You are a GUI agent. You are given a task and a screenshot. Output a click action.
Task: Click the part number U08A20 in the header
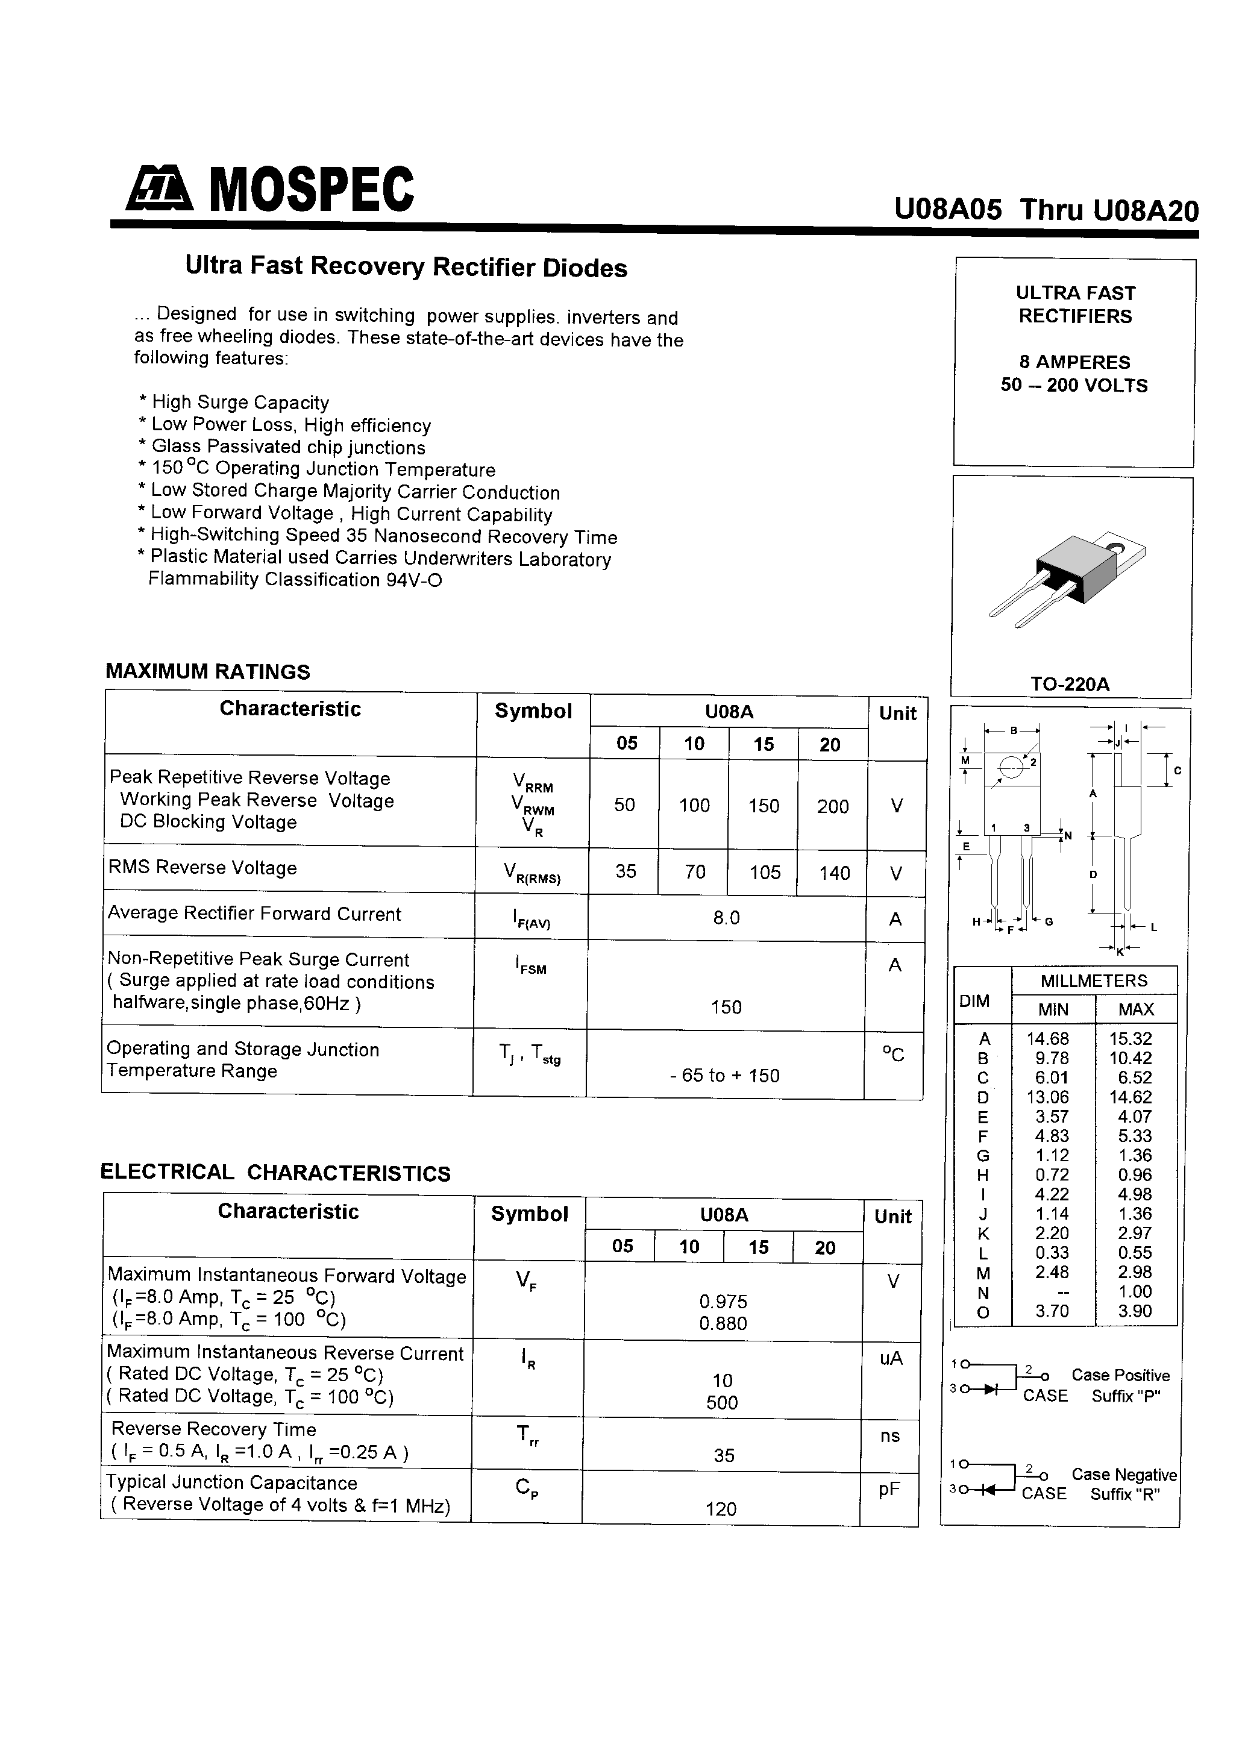coord(1145,210)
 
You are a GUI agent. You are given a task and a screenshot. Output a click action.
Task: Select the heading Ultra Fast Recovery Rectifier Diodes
coord(406,266)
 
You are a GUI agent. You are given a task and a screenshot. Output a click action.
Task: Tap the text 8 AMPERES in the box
coord(1074,362)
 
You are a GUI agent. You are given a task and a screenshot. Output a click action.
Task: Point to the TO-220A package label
coord(1070,684)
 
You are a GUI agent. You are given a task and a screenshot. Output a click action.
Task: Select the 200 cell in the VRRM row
coord(833,806)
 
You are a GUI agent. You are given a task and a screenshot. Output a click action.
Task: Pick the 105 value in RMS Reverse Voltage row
coord(765,872)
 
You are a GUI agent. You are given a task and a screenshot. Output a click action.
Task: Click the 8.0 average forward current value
coord(726,918)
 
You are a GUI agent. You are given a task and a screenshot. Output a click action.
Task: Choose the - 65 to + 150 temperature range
coord(724,1075)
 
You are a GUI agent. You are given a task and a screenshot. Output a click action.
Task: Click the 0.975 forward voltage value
coord(723,1302)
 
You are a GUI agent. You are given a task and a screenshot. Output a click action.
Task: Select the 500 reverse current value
coord(721,1402)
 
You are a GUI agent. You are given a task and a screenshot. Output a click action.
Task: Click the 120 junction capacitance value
coord(721,1509)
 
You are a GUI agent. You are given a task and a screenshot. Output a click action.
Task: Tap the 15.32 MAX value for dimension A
coord(1135,1038)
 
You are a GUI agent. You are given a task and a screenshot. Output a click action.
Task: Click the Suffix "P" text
coord(1126,1396)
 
